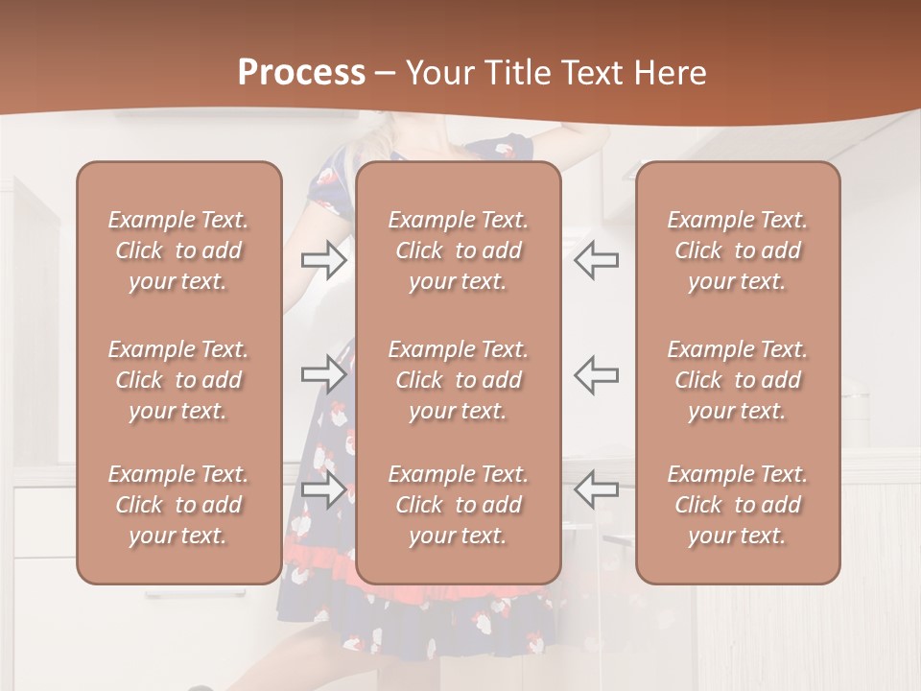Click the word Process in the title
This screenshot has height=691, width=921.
pyautogui.click(x=301, y=73)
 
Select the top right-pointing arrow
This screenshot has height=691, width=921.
pyautogui.click(x=324, y=260)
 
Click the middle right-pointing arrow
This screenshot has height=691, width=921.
pyautogui.click(x=324, y=374)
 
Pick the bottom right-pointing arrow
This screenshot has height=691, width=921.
pyautogui.click(x=324, y=489)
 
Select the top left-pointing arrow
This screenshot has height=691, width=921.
pyautogui.click(x=596, y=260)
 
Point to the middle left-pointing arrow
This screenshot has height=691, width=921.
pyautogui.click(x=596, y=374)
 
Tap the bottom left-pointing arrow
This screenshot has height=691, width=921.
pyautogui.click(x=596, y=489)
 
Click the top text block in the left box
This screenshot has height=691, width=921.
pyautogui.click(x=178, y=250)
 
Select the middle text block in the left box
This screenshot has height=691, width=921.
pyautogui.click(x=178, y=380)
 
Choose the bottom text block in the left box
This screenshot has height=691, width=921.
pyautogui.click(x=178, y=505)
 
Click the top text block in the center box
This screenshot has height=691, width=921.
pyautogui.click(x=459, y=250)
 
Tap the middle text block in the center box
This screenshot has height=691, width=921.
pyautogui.click(x=459, y=380)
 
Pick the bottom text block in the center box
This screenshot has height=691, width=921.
pyautogui.click(x=459, y=505)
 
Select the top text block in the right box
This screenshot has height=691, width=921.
pyautogui.click(x=738, y=250)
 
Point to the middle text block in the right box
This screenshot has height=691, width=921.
pyautogui.click(x=738, y=380)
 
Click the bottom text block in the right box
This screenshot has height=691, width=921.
pyautogui.click(x=738, y=505)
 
